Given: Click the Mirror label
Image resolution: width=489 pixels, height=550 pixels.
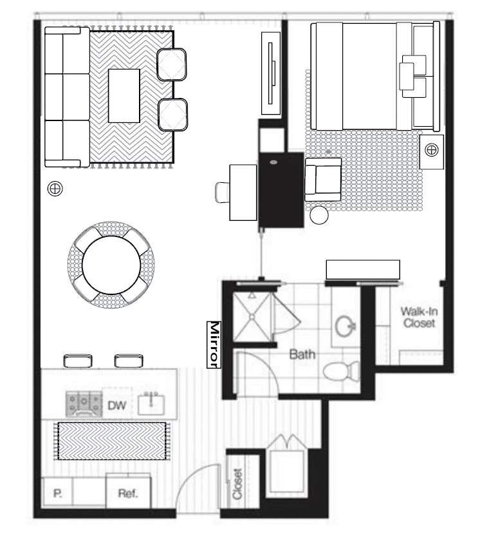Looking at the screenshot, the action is (x=214, y=345).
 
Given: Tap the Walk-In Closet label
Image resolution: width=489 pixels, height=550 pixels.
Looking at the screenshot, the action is (x=420, y=317).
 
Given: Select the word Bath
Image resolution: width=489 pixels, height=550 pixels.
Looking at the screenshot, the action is (x=302, y=354).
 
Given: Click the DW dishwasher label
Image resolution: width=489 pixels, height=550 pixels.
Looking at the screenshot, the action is (x=116, y=406).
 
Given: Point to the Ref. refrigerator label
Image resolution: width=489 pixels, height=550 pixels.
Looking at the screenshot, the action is (x=128, y=493).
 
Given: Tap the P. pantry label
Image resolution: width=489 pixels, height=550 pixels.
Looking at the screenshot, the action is (x=58, y=493).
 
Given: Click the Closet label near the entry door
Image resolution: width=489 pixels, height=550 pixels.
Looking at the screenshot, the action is (x=237, y=484).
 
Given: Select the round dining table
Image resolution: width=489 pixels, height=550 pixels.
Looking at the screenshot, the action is (x=111, y=265).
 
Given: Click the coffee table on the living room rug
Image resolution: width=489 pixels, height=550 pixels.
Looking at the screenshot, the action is (x=124, y=96).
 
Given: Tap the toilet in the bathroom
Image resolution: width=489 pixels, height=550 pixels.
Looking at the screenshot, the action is (x=341, y=371).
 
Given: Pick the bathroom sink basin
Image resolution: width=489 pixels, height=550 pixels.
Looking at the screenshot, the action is (x=346, y=327).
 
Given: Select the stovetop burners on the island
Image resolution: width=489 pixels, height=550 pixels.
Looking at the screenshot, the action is (x=84, y=404).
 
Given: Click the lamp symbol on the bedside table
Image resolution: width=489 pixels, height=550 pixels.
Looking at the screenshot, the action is (x=432, y=150).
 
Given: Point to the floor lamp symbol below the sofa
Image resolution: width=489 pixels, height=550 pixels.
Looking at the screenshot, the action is (x=55, y=189).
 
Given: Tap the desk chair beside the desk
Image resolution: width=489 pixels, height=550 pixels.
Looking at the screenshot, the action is (x=222, y=193).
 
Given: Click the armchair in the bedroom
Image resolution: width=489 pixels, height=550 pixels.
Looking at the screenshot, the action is (x=323, y=180).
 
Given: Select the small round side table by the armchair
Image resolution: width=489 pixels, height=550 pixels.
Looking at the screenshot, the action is (x=319, y=215).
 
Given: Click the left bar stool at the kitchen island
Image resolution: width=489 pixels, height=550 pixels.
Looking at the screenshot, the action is (x=78, y=361).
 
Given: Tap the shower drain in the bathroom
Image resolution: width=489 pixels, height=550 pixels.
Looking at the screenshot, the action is (x=252, y=317).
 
